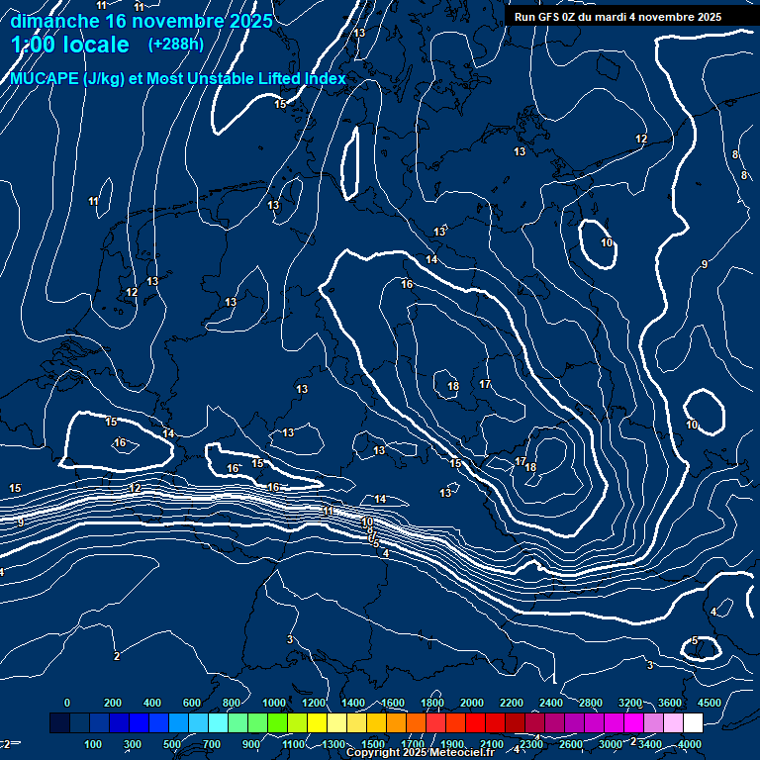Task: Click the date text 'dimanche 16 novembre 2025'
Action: pos(142,21)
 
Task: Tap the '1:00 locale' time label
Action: pos(70,45)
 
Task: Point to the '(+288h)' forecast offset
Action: pos(175,45)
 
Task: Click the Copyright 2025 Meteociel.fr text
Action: pos(420,753)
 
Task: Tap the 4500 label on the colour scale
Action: pos(710,703)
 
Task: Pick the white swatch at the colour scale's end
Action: pos(693,723)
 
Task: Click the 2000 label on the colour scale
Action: pos(472,703)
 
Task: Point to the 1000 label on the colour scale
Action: pos(274,703)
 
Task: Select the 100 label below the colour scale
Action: pos(94,744)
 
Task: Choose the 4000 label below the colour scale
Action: pos(690,744)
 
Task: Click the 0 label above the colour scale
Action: pos(67,703)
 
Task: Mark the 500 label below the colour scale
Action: pos(172,744)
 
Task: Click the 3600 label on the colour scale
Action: pos(670,703)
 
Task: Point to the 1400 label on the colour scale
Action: pos(353,703)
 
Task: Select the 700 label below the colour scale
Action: pos(212,744)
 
